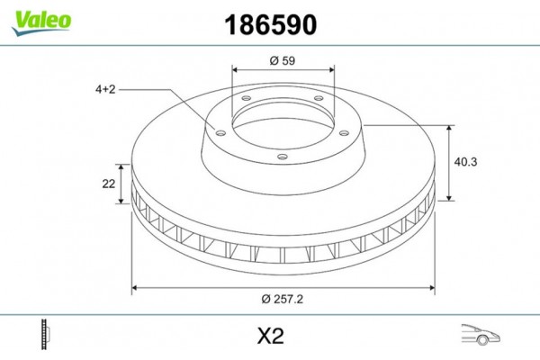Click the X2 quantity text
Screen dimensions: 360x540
[x=269, y=337]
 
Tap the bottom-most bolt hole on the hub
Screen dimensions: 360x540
[x=282, y=158]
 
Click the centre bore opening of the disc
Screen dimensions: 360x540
[x=281, y=121]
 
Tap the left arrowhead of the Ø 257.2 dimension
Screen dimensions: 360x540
[x=136, y=289]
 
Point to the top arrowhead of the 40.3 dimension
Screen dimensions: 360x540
[x=449, y=129]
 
